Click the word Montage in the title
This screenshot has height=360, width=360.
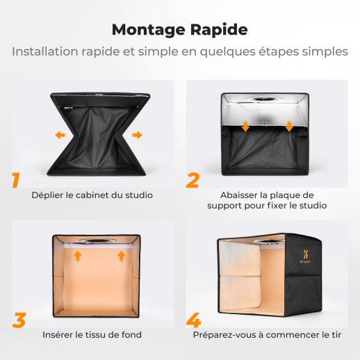[x=149, y=31]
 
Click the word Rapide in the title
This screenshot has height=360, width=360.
[x=219, y=29]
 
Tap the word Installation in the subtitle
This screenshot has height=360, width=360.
[x=44, y=51]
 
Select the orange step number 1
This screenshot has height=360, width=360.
[x=16, y=180]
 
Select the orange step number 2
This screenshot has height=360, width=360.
[x=193, y=180]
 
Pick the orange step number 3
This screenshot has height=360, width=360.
[x=19, y=320]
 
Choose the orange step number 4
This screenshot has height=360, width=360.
[x=194, y=320]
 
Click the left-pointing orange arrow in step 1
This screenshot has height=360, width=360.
[x=60, y=135]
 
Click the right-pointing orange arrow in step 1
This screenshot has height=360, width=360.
[x=137, y=135]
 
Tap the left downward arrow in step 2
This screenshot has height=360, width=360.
[x=245, y=126]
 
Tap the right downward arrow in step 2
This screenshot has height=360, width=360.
[x=289, y=126]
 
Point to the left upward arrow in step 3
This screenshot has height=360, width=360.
[x=78, y=256]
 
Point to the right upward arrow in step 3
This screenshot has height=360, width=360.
[x=122, y=256]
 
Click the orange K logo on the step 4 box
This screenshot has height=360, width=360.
[x=306, y=254]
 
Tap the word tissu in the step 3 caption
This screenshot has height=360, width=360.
[x=93, y=335]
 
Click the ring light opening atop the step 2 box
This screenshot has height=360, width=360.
[x=265, y=99]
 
